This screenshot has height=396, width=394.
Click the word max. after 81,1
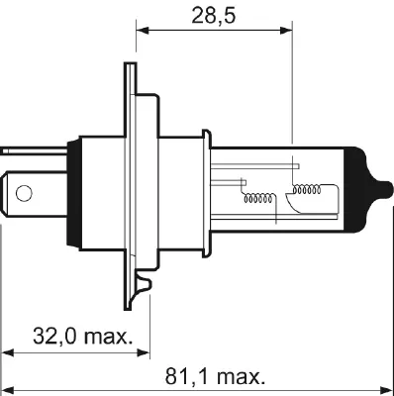click(240, 377)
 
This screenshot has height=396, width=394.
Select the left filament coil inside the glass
click(260, 198)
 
